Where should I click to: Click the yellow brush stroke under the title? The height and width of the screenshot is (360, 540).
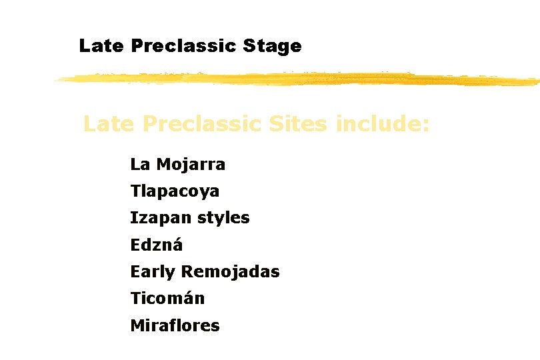(x=297, y=79)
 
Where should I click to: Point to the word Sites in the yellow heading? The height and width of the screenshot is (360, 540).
(x=297, y=124)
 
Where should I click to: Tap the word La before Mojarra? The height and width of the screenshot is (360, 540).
(x=140, y=164)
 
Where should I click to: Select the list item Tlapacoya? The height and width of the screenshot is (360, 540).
(x=175, y=191)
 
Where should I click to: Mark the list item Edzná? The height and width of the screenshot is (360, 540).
(x=156, y=245)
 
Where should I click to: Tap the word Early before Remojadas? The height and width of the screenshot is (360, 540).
(x=153, y=272)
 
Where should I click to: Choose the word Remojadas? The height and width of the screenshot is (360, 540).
(x=231, y=272)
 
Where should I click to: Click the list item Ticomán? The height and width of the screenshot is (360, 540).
(x=167, y=299)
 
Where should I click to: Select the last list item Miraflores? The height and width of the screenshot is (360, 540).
(x=175, y=325)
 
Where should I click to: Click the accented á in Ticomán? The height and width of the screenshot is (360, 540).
(x=188, y=299)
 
